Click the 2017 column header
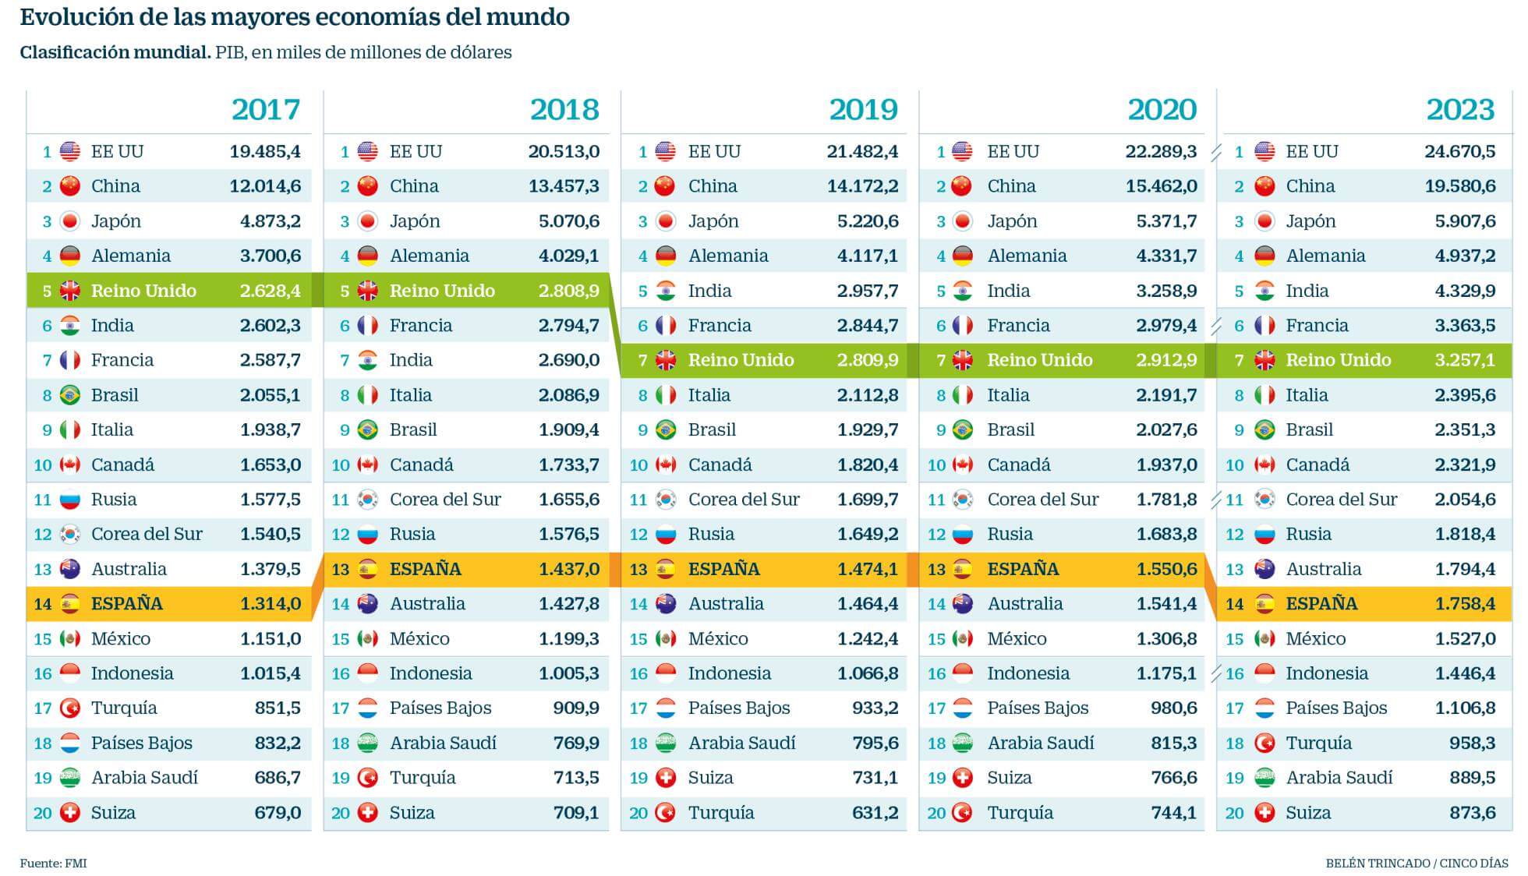[x=266, y=110]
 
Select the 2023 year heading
[x=1460, y=110]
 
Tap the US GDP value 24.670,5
[x=1459, y=151]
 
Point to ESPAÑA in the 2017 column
[x=127, y=604]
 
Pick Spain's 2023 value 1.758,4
[x=1465, y=604]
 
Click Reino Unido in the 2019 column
[x=741, y=360]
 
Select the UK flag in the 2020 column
[x=964, y=360]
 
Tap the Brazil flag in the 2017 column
[x=70, y=395]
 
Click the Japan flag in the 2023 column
[x=1264, y=221]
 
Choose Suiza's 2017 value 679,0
[x=278, y=813]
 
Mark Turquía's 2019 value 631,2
[x=875, y=813]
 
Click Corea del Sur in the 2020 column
[x=1042, y=500]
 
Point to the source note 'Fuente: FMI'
[x=53, y=864]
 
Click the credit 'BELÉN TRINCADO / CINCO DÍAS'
[x=1417, y=864]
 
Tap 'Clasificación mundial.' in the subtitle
[x=115, y=53]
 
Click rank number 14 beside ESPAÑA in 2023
[x=1234, y=604]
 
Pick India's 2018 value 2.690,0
[x=569, y=360]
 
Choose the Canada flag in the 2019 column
[x=666, y=465]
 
